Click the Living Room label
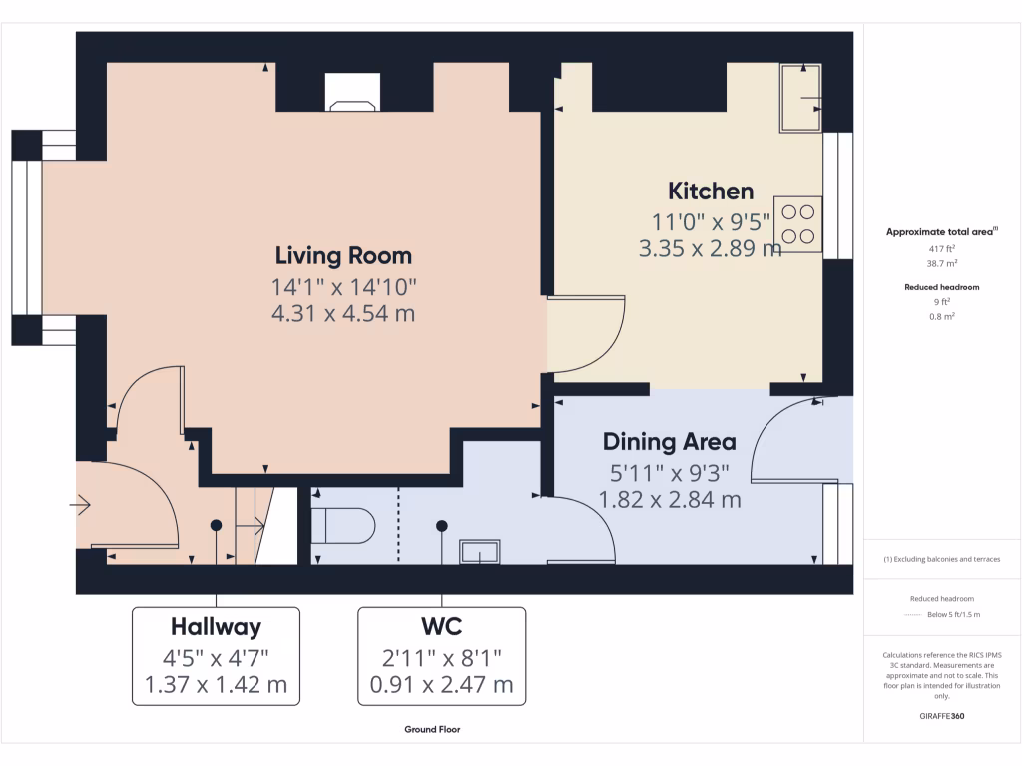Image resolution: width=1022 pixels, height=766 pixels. [x=343, y=256]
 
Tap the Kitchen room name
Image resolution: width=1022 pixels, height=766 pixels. [x=711, y=191]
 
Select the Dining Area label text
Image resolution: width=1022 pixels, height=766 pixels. [x=670, y=442]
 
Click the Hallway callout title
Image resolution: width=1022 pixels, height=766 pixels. [x=216, y=627]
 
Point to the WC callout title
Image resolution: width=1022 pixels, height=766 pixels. [x=442, y=626]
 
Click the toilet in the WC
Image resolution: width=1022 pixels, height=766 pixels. [x=343, y=525]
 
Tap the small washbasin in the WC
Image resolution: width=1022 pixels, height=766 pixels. [x=480, y=551]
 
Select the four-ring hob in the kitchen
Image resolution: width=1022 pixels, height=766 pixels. [x=797, y=224]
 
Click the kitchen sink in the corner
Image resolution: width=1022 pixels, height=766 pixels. [x=801, y=97]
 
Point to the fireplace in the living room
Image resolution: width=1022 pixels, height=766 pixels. [x=352, y=93]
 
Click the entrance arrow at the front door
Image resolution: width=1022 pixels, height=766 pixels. [x=80, y=504]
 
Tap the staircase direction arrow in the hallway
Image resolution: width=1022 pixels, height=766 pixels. [x=250, y=525]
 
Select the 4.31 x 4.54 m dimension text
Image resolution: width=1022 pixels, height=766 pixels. [x=343, y=314]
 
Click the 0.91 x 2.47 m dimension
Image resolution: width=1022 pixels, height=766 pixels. [x=442, y=685]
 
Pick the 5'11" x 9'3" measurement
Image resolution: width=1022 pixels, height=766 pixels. [x=670, y=473]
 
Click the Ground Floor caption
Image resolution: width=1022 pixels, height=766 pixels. [x=432, y=729]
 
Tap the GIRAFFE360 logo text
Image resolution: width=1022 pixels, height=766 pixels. [x=942, y=716]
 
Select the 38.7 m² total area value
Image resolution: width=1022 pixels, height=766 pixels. [x=942, y=263]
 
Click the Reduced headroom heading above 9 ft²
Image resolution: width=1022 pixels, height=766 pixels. [x=942, y=287]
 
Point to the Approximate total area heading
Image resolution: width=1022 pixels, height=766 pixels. [x=942, y=231]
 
